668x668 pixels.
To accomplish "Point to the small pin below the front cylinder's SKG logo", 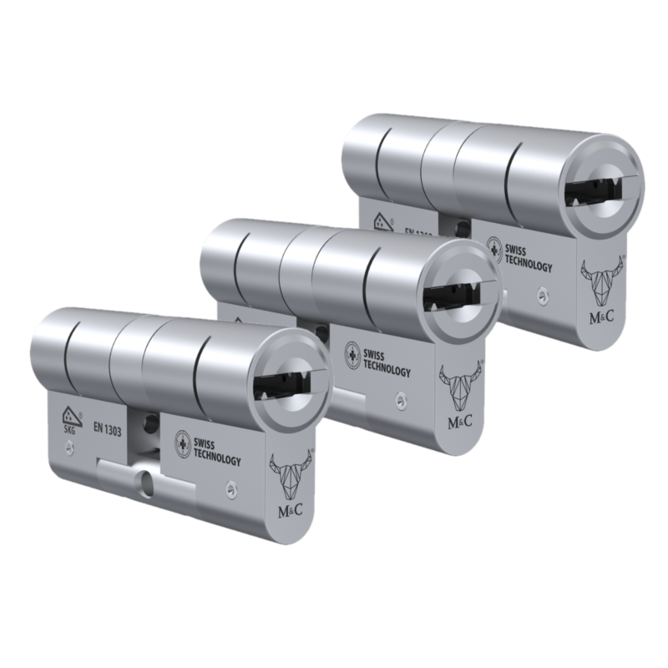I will (x=73, y=449).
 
